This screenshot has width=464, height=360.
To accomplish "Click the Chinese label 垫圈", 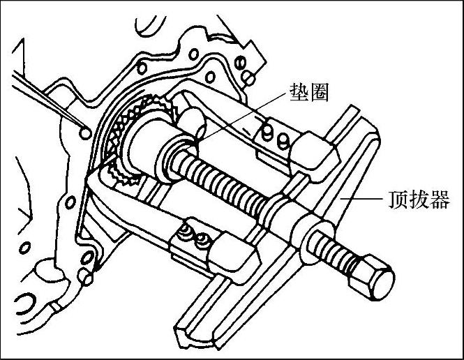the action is click(x=309, y=92).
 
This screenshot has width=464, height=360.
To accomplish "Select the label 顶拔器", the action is click(x=419, y=200).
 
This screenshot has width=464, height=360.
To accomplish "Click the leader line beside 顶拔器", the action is click(x=361, y=199).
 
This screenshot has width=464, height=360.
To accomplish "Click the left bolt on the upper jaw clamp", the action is click(x=267, y=131).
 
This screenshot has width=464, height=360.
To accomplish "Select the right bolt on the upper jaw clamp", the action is click(x=283, y=140).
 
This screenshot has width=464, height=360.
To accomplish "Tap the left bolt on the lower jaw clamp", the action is click(x=186, y=232).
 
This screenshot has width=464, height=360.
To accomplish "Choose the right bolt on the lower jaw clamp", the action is click(x=203, y=239).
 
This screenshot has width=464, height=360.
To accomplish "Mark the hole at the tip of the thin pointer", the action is click(x=85, y=133).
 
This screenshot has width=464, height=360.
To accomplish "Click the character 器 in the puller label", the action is click(x=440, y=200).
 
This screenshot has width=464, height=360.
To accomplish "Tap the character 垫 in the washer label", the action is click(x=299, y=92).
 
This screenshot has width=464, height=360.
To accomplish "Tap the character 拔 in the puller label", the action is click(x=419, y=200).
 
